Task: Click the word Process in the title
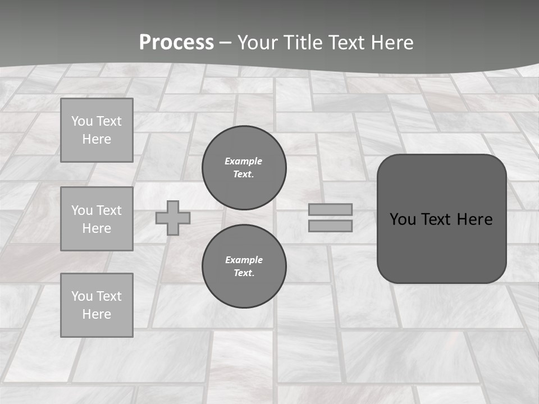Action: (176, 43)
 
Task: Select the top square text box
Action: (97, 130)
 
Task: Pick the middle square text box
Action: (97, 219)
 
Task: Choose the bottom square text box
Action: (97, 305)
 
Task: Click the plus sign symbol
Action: (173, 218)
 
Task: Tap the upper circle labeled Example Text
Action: (244, 167)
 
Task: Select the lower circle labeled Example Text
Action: (244, 266)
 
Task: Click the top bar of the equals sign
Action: (330, 209)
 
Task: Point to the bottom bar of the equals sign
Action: (330, 226)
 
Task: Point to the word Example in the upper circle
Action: (244, 161)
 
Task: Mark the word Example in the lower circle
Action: (244, 260)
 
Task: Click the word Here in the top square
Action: (97, 139)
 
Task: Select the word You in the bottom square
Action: (82, 296)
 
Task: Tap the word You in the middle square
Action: (82, 210)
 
